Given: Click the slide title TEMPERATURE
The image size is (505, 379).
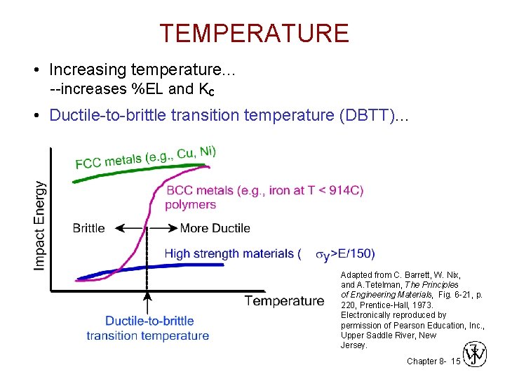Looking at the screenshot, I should (253, 33).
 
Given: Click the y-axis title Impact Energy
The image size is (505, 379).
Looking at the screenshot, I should (40, 225).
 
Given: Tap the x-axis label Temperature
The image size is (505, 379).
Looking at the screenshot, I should (284, 300).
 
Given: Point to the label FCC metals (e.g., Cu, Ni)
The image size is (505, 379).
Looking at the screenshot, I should (146, 157).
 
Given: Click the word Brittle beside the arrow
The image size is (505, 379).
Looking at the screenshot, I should (88, 228).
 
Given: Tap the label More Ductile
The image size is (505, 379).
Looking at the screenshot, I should (215, 228).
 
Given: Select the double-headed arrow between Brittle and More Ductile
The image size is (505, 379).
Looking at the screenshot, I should (146, 228).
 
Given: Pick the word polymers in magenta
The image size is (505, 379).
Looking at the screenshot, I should (190, 204).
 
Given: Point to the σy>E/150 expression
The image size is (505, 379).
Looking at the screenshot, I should (345, 254).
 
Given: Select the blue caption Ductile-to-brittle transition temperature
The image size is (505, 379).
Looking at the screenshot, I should (148, 328).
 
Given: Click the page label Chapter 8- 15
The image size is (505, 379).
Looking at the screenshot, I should (433, 361).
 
